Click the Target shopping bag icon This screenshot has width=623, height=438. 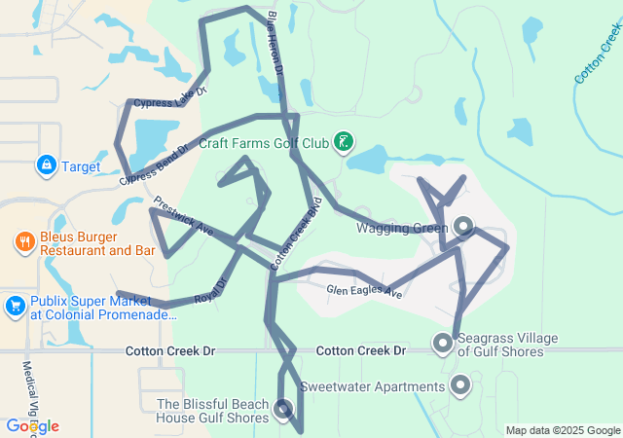46,165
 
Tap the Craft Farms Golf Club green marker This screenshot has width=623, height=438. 343,143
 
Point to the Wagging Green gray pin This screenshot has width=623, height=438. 463,227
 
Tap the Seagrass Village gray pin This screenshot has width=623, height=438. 443,343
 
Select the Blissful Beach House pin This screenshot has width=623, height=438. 283,409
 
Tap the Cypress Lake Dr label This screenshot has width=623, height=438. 171,98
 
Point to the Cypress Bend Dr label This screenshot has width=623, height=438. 154,165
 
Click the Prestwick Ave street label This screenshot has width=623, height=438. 183,215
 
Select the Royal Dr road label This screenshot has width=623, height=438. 210,291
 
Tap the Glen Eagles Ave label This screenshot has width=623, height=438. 364,290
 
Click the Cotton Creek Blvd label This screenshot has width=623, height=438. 296,238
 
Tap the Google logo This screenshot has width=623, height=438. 32,426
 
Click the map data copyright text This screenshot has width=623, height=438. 563,430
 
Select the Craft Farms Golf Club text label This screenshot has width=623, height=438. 265,143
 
